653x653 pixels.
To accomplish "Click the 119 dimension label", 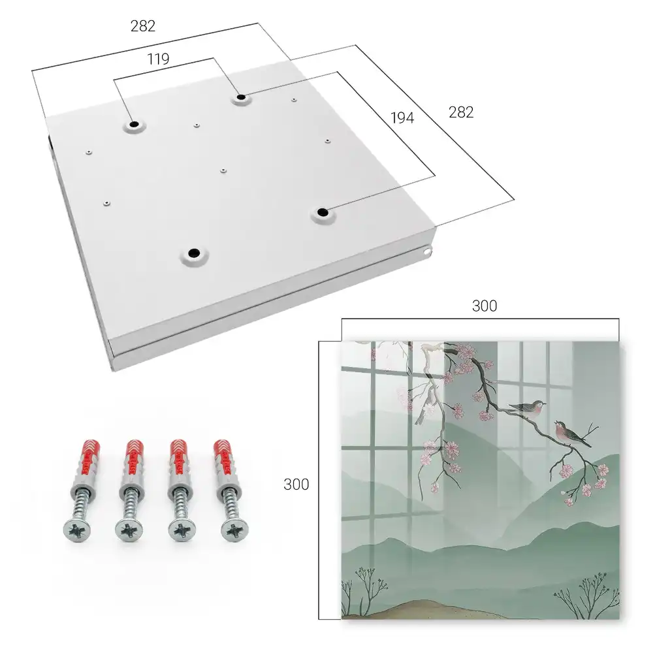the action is (158, 59).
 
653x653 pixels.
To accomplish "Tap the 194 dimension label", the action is (402, 118).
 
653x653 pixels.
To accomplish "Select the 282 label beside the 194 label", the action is (461, 112).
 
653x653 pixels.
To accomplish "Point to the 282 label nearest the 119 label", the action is (143, 26).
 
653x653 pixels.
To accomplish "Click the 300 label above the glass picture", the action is (485, 306).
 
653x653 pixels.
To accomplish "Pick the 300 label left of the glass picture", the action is (296, 485).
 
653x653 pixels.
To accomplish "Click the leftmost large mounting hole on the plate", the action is (134, 125).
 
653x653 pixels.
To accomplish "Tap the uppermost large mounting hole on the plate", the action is (241, 98).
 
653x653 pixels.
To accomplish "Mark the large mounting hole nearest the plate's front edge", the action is (194, 253).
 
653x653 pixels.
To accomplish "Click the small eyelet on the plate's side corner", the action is (427, 251).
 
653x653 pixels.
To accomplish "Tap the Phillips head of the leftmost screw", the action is (78, 531).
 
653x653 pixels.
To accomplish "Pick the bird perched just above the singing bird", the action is (528, 406).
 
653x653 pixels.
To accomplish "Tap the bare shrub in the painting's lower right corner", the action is (586, 595).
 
